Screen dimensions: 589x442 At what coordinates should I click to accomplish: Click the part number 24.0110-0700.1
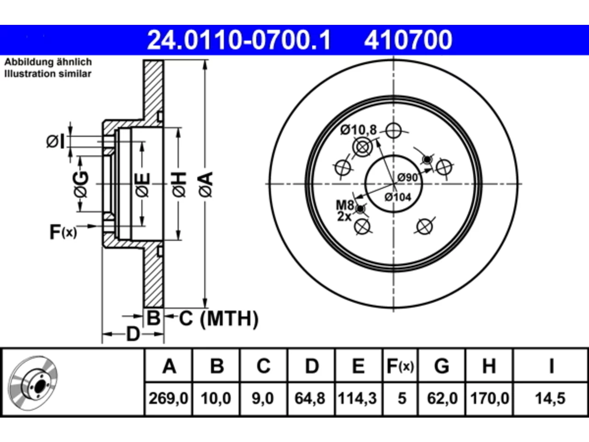(239, 40)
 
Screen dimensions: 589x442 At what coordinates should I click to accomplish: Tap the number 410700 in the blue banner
(408, 40)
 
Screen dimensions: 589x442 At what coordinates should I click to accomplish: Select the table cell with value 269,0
(168, 398)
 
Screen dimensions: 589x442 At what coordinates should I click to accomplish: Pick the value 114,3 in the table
(357, 398)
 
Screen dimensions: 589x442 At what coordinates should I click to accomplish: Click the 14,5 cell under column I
(550, 398)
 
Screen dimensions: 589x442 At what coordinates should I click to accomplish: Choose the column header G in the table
(442, 366)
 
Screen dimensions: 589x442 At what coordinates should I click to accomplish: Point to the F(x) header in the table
(400, 366)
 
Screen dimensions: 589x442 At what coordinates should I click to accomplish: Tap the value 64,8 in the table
(310, 398)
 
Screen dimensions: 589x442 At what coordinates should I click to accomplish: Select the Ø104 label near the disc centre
(398, 198)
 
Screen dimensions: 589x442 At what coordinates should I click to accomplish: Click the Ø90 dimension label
(407, 177)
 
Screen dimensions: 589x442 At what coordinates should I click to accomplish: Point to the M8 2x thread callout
(345, 211)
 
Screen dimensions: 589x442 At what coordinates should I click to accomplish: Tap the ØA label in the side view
(206, 185)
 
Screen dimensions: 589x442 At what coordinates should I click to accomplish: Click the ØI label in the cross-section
(56, 142)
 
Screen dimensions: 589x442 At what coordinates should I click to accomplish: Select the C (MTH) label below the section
(219, 319)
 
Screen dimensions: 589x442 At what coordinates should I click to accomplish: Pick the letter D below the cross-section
(133, 334)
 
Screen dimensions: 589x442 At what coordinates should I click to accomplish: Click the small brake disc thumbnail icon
(33, 383)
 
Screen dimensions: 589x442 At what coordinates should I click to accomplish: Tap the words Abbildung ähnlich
(48, 62)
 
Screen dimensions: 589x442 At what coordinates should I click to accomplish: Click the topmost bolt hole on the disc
(393, 131)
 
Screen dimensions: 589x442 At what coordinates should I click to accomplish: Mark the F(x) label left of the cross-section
(63, 232)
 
